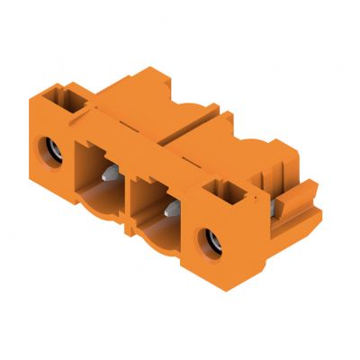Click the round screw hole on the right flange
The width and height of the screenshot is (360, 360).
tap(214, 240)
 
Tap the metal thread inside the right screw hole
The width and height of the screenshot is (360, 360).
tap(217, 241)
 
